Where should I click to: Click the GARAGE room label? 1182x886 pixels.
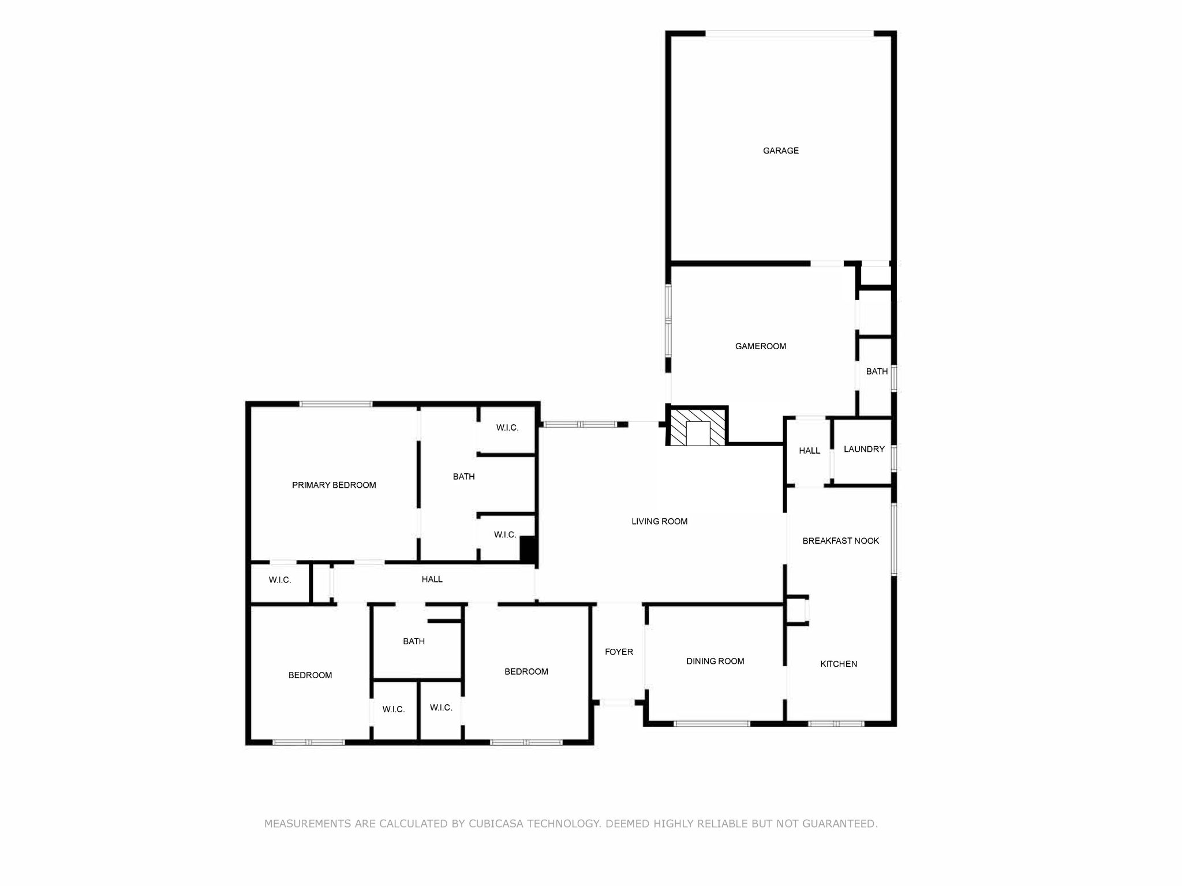[780, 151]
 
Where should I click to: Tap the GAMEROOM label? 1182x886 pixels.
[760, 346]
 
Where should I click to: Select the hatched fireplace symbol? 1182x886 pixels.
[697, 427]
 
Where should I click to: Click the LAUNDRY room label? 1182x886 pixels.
[863, 449]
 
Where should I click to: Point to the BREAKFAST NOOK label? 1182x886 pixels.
[840, 541]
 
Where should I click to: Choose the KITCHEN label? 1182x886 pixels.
[838, 664]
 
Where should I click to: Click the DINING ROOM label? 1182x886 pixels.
[715, 661]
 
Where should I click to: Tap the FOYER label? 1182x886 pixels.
[619, 652]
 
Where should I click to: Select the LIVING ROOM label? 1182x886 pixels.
[659, 521]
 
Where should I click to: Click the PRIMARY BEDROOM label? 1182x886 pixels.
[334, 485]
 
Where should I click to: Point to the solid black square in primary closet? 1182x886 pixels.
[528, 548]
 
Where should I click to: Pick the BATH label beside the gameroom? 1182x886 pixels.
[876, 371]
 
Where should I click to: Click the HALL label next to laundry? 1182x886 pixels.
[809, 450]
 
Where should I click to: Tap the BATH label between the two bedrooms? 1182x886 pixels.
[413, 641]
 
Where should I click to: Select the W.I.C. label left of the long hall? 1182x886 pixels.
[279, 580]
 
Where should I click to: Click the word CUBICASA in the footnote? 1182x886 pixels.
[495, 824]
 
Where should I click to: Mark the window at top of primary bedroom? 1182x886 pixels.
[336, 404]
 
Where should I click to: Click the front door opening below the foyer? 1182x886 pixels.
[617, 702]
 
